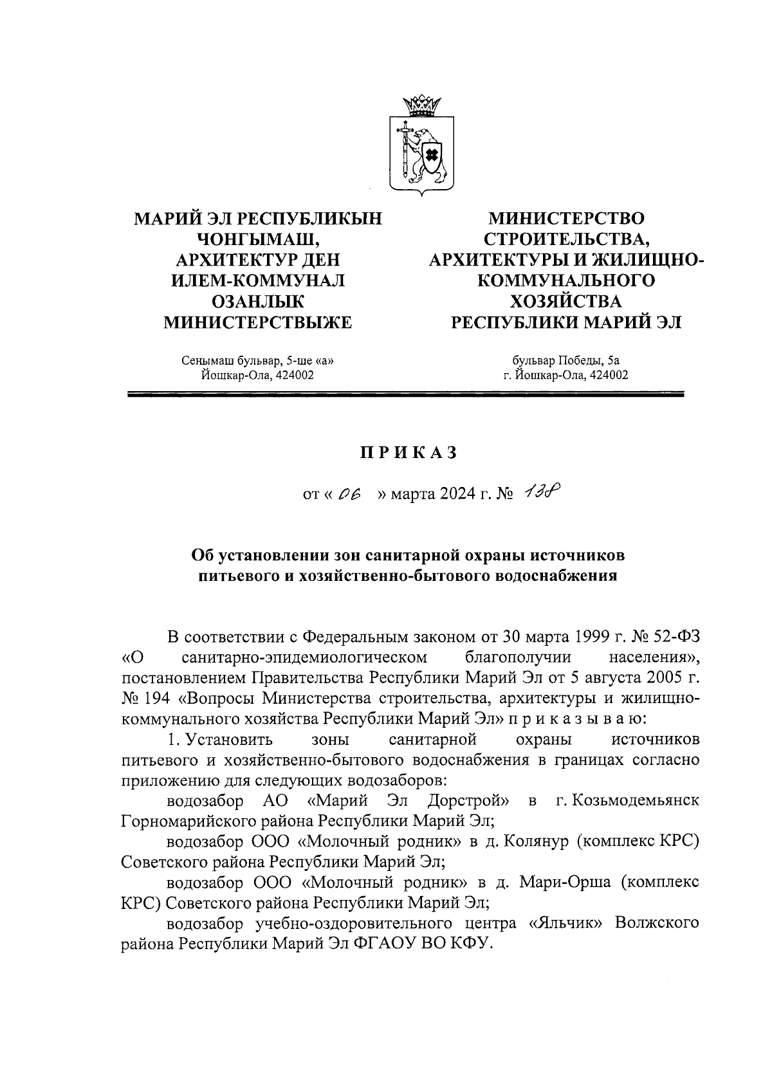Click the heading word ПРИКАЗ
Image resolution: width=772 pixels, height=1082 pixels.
pyautogui.click(x=407, y=453)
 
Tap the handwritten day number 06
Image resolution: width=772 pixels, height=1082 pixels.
pyautogui.click(x=349, y=494)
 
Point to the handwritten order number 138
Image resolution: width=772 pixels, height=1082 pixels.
pyautogui.click(x=541, y=493)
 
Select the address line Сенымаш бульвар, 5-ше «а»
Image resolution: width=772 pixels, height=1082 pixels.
pyautogui.click(x=258, y=360)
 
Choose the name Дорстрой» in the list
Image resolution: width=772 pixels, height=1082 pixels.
pyautogui.click(x=469, y=802)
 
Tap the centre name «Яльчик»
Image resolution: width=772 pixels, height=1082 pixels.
pyautogui.click(x=566, y=924)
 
